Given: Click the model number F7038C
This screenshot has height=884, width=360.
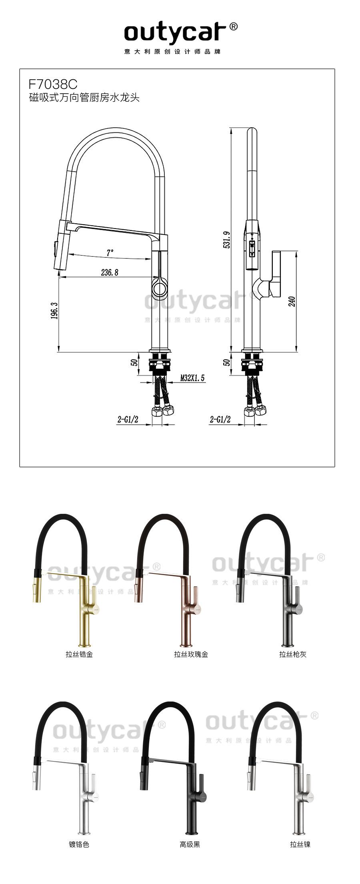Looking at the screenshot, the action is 53,84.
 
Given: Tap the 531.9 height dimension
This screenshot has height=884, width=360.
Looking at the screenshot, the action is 226,240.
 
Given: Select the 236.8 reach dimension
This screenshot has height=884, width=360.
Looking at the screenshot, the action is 110,273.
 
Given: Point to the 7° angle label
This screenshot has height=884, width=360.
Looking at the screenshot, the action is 110,253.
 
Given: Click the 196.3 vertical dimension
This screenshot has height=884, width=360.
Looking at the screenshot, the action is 54,311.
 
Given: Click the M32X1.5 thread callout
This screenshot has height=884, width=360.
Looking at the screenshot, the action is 192,378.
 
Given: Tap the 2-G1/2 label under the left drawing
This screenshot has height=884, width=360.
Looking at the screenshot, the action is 128,419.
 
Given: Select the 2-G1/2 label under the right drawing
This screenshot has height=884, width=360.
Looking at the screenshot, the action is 220,419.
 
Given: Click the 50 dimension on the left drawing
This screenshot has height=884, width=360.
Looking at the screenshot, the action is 134,362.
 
